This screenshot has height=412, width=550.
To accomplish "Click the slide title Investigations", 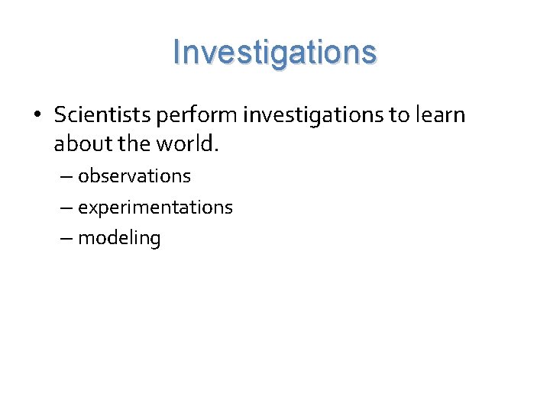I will tap(275, 53).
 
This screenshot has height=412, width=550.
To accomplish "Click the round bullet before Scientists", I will tap(36, 115).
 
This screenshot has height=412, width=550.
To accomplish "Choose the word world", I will tap(189, 143).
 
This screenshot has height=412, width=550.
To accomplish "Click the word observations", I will tap(134, 176).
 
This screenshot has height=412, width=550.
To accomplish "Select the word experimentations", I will tap(155, 208).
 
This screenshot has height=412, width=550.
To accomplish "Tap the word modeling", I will tap(119, 239).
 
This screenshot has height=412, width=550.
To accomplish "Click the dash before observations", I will tap(66, 177).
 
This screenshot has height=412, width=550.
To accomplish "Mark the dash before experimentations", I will tap(66, 208).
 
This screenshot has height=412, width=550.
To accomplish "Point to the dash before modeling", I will tap(66, 239).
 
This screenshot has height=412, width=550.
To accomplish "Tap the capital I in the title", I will tap(177, 52).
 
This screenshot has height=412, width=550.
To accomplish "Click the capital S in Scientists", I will tap(60, 114).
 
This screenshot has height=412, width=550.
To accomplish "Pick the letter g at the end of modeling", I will tap(155, 240).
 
